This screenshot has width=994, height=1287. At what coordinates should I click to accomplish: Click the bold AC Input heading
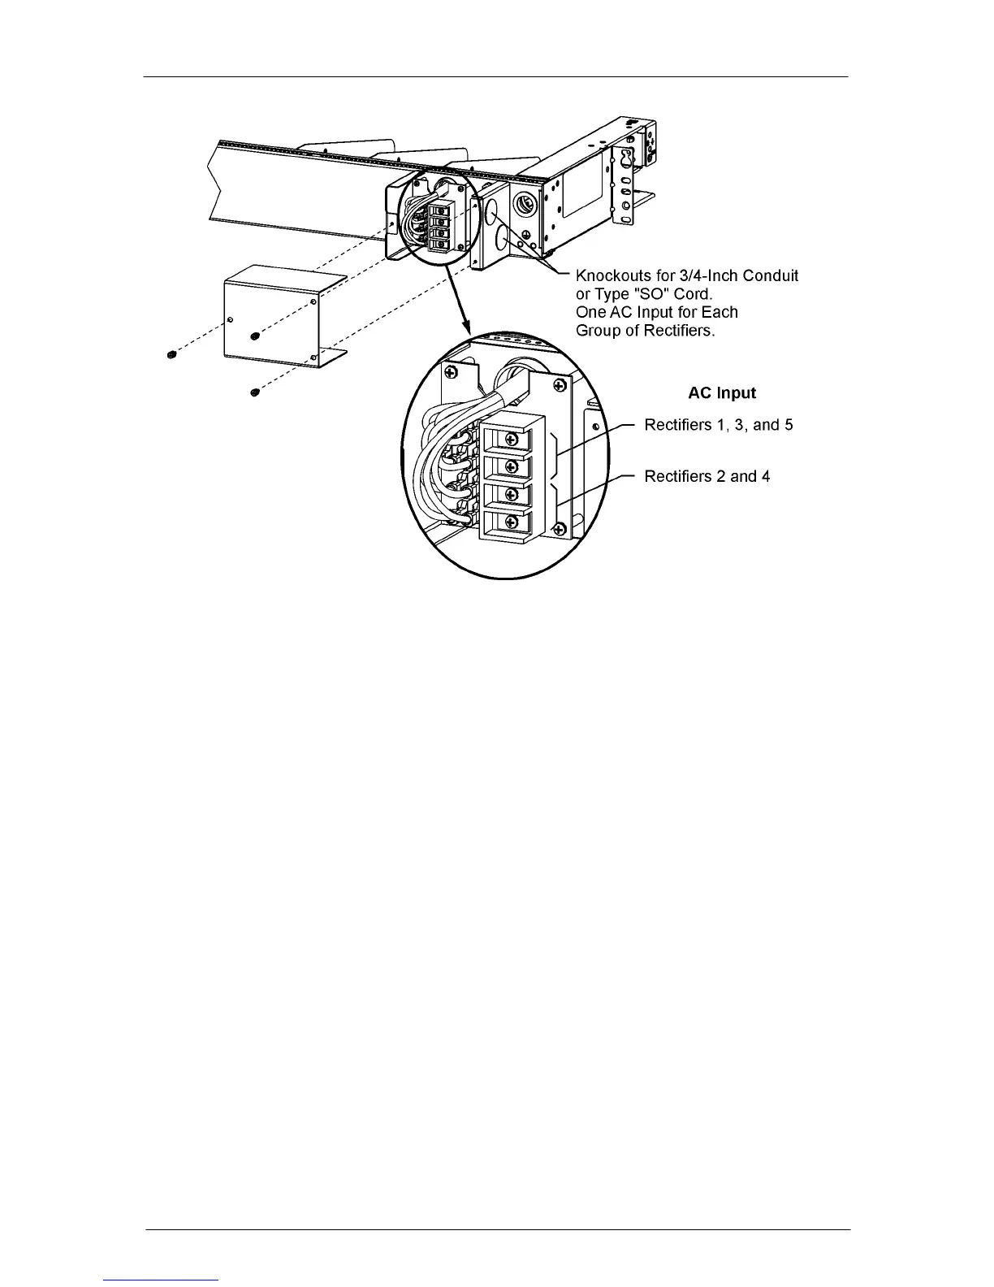point(721,393)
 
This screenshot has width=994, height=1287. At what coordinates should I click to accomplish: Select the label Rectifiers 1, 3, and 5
point(718,425)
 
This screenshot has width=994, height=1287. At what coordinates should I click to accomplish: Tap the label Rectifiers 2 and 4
point(707,476)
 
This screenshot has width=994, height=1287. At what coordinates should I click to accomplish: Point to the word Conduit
point(768,276)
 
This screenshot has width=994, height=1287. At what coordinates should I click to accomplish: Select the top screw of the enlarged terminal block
point(511,440)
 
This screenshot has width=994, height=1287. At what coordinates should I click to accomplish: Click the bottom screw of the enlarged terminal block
point(511,521)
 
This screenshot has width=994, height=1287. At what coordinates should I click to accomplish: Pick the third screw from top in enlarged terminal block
point(511,493)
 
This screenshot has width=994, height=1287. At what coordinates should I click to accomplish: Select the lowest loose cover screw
point(255,393)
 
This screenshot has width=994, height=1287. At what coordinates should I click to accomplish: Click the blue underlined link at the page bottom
point(162,1280)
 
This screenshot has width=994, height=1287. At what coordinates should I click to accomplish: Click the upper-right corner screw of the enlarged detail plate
point(559,383)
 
